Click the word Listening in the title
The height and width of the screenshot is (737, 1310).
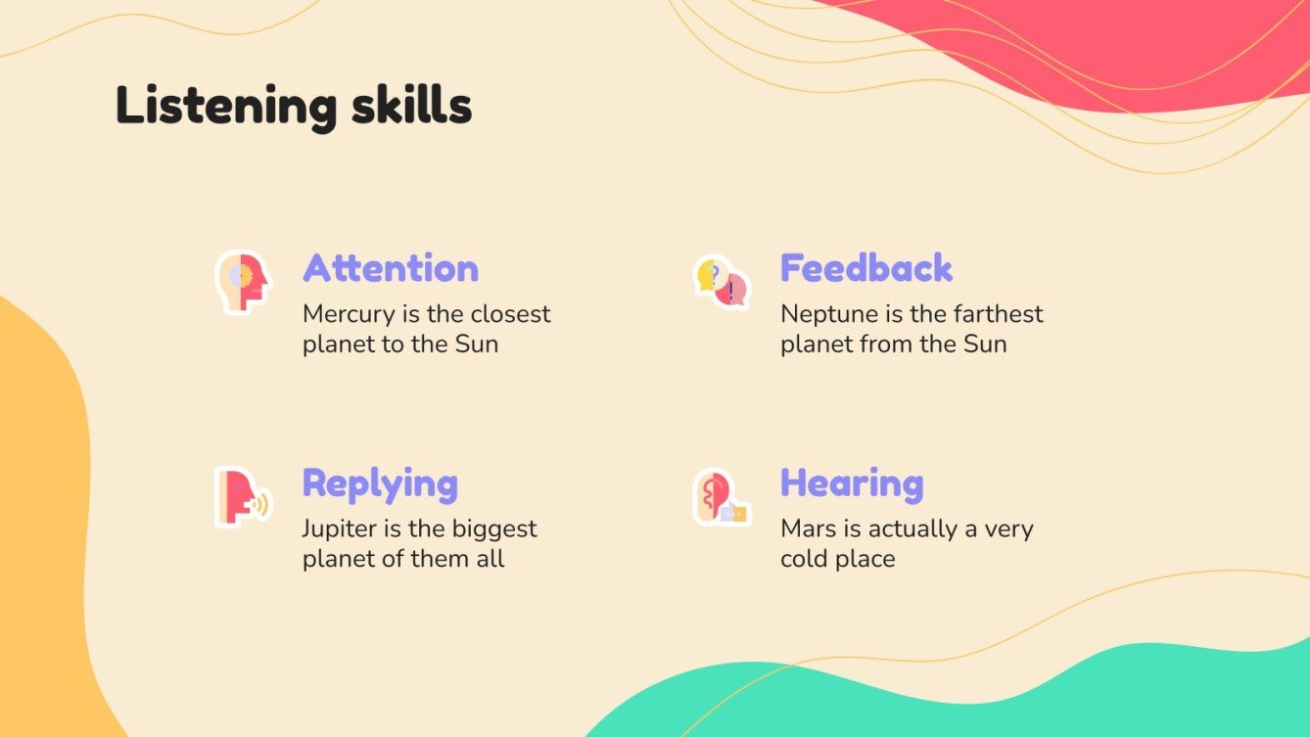tap(218, 106)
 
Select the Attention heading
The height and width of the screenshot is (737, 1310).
tap(391, 268)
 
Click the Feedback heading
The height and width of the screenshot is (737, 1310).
tap(866, 268)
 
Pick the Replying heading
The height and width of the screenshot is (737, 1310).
tap(380, 484)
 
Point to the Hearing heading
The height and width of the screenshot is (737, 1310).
tap(852, 484)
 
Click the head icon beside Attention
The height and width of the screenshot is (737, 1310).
tap(242, 282)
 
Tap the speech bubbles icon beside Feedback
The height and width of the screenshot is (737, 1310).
tap(722, 282)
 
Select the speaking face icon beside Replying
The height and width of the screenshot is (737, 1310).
tap(242, 497)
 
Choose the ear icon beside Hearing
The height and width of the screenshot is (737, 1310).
tap(722, 497)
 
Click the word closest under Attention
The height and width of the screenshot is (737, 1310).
tap(510, 315)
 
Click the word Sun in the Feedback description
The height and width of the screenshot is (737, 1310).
tap(985, 345)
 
